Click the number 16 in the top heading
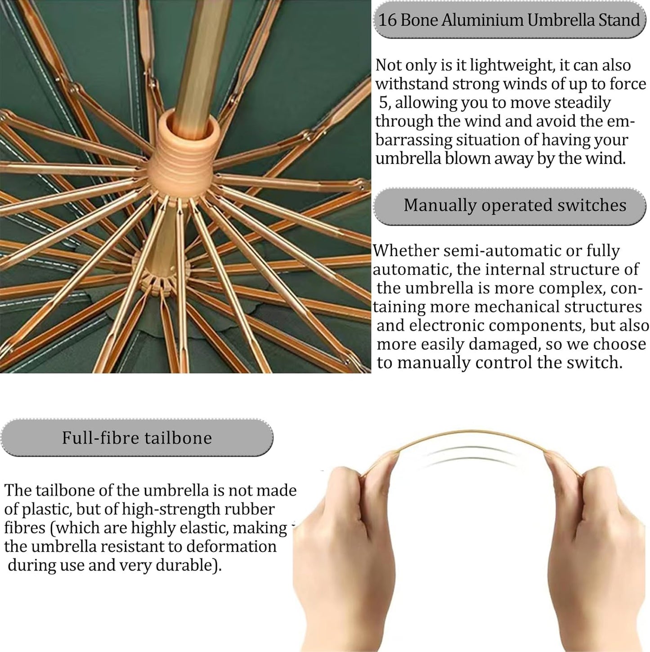tap(387, 20)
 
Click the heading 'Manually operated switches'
tap(515, 205)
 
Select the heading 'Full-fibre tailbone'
tap(137, 438)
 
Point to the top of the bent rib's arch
tap(471, 432)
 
